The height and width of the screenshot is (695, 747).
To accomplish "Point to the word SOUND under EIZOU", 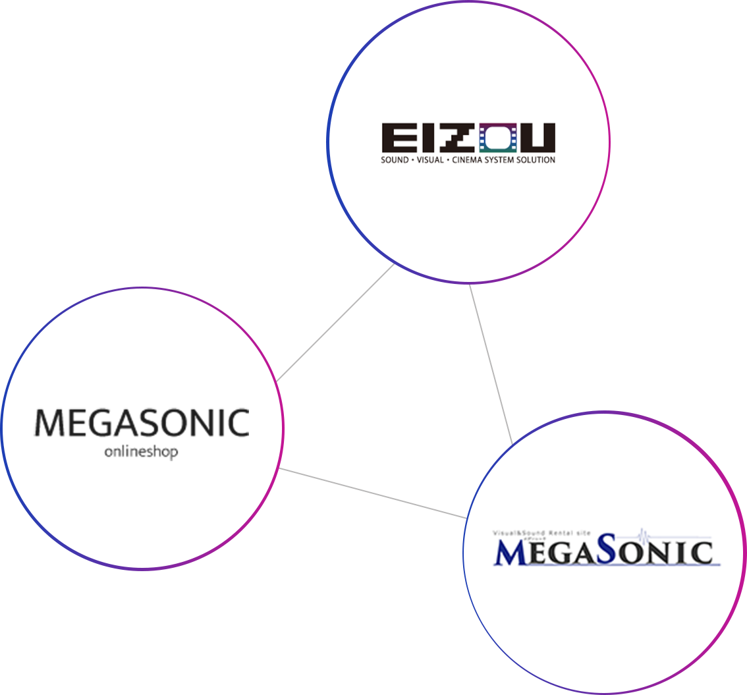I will click(395, 160).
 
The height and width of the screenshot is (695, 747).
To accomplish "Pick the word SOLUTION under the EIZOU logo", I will click(538, 160).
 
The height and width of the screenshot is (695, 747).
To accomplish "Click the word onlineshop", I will click(141, 453).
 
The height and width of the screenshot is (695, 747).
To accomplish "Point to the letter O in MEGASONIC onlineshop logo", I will click(182, 423).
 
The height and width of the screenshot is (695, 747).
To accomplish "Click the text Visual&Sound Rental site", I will click(545, 532).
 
